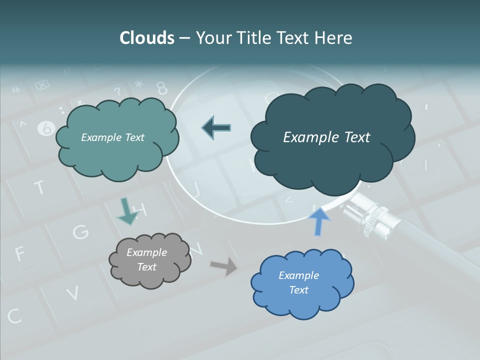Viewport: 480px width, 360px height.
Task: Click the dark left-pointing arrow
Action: pos(216,128)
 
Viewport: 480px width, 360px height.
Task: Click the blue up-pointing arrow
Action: pos(319,221)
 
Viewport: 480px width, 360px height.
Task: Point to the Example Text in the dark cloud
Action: pos(326,137)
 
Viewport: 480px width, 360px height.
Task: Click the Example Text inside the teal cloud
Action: pos(112,137)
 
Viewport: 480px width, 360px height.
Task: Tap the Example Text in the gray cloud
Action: pos(147,259)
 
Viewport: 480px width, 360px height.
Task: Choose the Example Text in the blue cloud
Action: pos(299,282)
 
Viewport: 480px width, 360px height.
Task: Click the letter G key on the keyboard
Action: pos(80,231)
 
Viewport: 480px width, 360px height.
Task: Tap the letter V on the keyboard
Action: pos(72,292)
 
